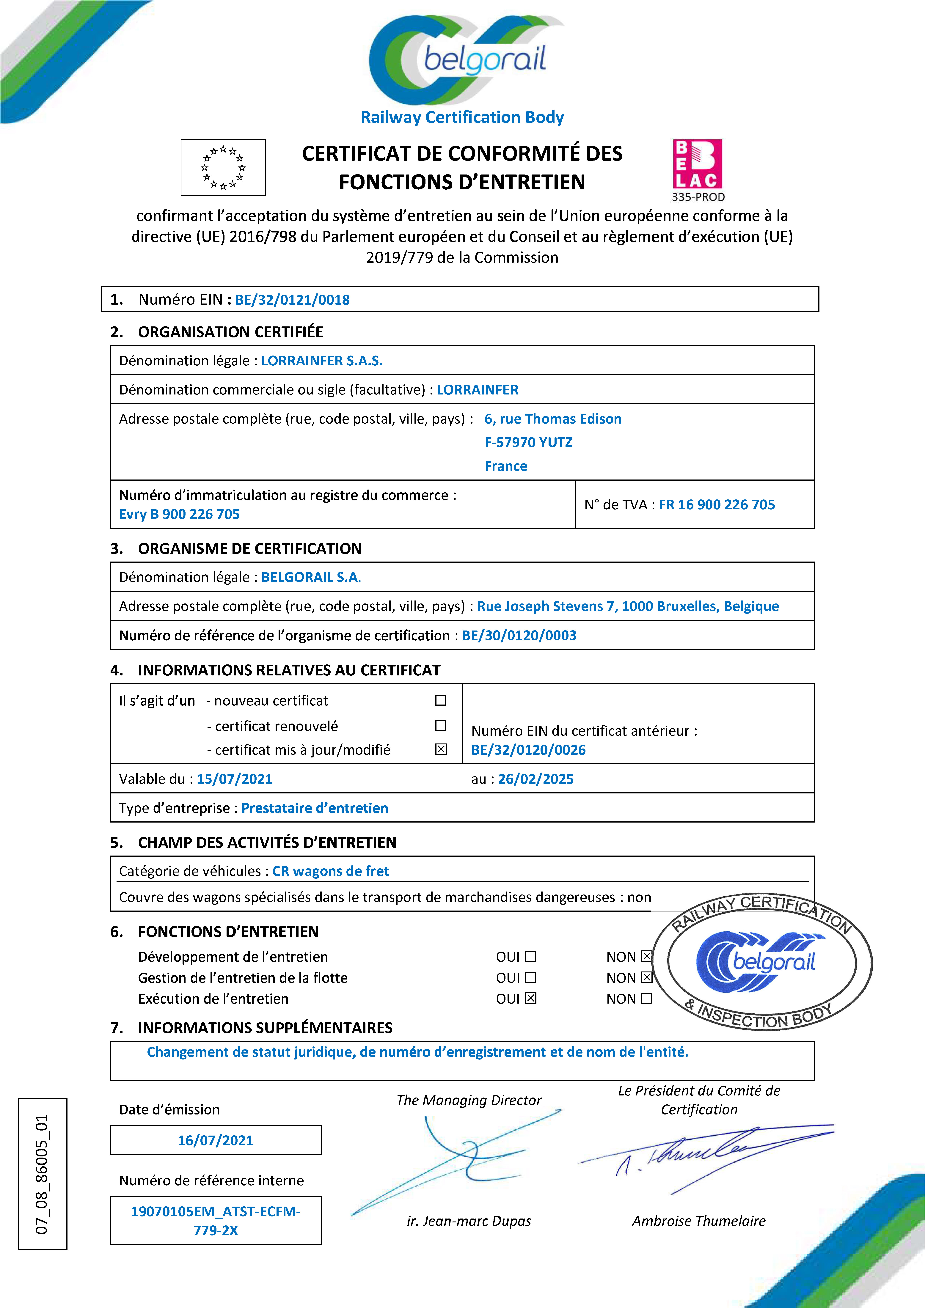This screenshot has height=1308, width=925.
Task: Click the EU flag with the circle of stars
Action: [x=223, y=167]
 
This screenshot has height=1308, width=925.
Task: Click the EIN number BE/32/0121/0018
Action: [x=292, y=300]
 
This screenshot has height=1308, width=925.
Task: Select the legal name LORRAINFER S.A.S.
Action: [x=322, y=361]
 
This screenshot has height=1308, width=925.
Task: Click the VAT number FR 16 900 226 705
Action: [x=716, y=505]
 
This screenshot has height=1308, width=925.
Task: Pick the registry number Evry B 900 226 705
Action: [x=180, y=514]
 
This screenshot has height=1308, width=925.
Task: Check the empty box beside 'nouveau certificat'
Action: [x=441, y=700]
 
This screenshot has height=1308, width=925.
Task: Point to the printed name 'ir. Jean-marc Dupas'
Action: [x=469, y=1221]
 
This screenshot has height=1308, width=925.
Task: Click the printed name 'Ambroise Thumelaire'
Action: [x=699, y=1221]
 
